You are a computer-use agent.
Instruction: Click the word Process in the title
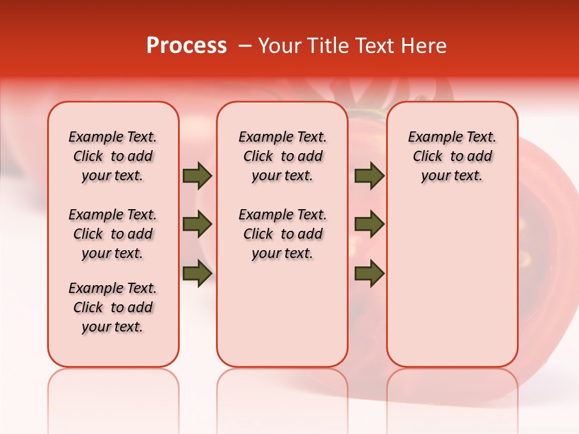(x=186, y=45)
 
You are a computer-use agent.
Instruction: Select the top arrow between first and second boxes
(x=197, y=175)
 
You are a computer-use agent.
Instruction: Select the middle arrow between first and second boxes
(x=197, y=224)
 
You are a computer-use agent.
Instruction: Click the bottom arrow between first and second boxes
(x=197, y=273)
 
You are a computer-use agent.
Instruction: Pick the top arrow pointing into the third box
(x=369, y=175)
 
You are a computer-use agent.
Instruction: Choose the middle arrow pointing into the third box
(x=369, y=224)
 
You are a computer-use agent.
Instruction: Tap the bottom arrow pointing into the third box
(x=369, y=273)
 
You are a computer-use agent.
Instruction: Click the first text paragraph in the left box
(x=113, y=156)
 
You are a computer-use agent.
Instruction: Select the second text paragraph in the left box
(x=113, y=234)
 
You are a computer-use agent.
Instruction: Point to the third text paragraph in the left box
(x=113, y=307)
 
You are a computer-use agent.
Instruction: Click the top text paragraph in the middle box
(x=282, y=156)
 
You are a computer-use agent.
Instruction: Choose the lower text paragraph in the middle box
(x=282, y=234)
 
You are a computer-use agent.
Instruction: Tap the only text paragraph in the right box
(x=452, y=156)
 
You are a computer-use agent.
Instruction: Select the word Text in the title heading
(x=373, y=45)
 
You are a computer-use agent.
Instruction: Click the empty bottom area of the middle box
(x=282, y=319)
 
